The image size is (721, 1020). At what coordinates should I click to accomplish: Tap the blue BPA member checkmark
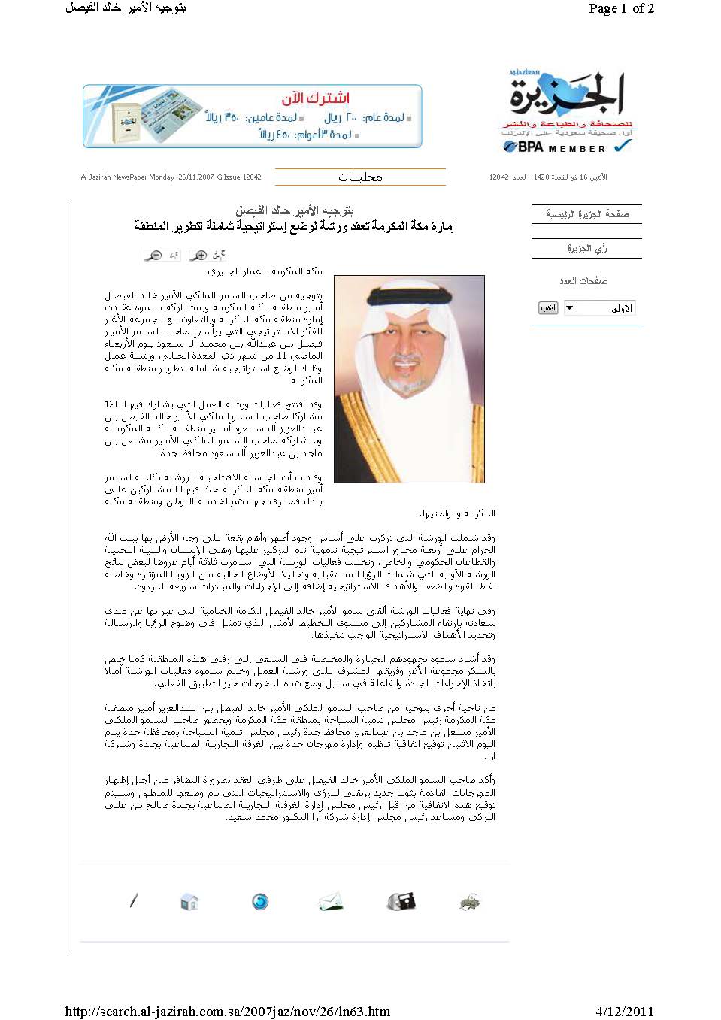[x=623, y=147]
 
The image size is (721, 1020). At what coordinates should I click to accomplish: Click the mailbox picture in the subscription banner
[x=126, y=123]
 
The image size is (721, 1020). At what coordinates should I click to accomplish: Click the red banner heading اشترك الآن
[x=315, y=98]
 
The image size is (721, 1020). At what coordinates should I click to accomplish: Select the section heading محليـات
[x=360, y=177]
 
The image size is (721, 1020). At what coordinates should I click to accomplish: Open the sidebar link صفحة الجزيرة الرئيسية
[x=587, y=214]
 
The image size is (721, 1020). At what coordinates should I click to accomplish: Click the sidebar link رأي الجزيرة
[x=587, y=248]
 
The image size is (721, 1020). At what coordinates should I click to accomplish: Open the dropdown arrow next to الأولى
[x=569, y=307]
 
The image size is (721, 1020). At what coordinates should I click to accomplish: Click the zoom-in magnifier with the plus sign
[x=200, y=256]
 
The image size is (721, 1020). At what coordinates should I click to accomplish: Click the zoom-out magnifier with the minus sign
[x=154, y=256]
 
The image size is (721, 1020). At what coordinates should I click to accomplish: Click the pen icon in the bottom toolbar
[x=133, y=900]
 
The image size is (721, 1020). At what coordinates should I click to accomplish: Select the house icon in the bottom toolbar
[x=189, y=901]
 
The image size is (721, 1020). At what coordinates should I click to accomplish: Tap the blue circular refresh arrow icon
[x=260, y=900]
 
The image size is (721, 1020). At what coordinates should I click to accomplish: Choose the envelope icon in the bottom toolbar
[x=331, y=901]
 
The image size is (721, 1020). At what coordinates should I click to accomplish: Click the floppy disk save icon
[x=401, y=901]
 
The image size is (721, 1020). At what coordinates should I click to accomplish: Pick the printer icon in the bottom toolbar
[x=470, y=902]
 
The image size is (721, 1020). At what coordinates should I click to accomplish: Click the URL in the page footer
[x=228, y=1011]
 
